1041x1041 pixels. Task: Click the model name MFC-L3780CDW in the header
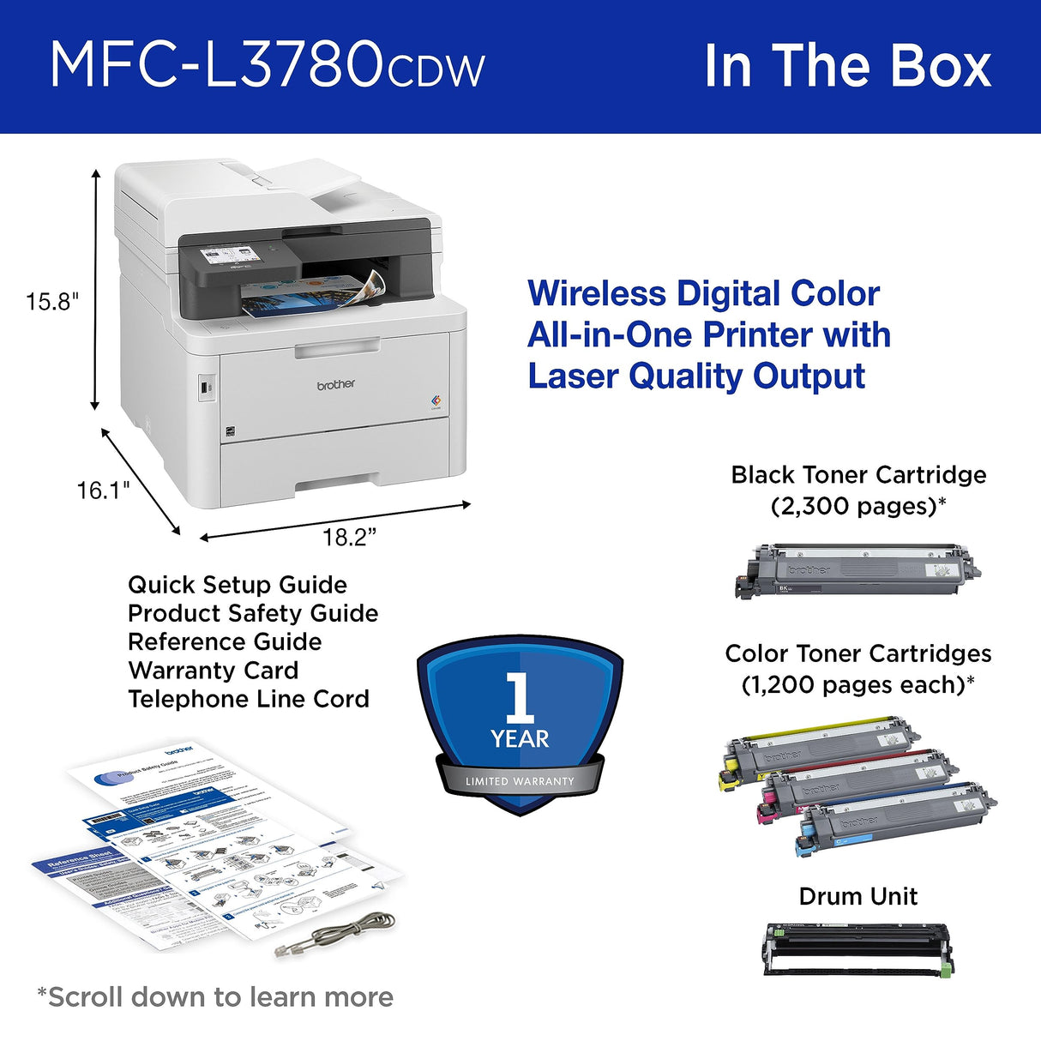coord(267,65)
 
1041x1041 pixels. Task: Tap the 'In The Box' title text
coord(847,66)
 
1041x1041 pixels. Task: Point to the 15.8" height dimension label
coord(51,302)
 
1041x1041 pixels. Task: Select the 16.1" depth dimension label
coord(103,490)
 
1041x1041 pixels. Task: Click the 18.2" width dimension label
coord(349,538)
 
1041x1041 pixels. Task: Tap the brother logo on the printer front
coord(335,384)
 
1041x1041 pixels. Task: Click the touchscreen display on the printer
coord(229,257)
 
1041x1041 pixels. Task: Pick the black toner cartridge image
coord(857,569)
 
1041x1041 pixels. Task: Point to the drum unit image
coord(857,949)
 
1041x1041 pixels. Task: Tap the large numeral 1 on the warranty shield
coord(520,697)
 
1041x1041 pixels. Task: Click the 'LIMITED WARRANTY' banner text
coord(520,781)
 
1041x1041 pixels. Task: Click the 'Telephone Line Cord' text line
coord(249,699)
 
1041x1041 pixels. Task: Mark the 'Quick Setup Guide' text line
coord(238,585)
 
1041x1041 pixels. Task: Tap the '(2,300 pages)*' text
coord(858,506)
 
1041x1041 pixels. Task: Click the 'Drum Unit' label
coord(858,896)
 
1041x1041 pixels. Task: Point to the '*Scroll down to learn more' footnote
coord(215,997)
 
